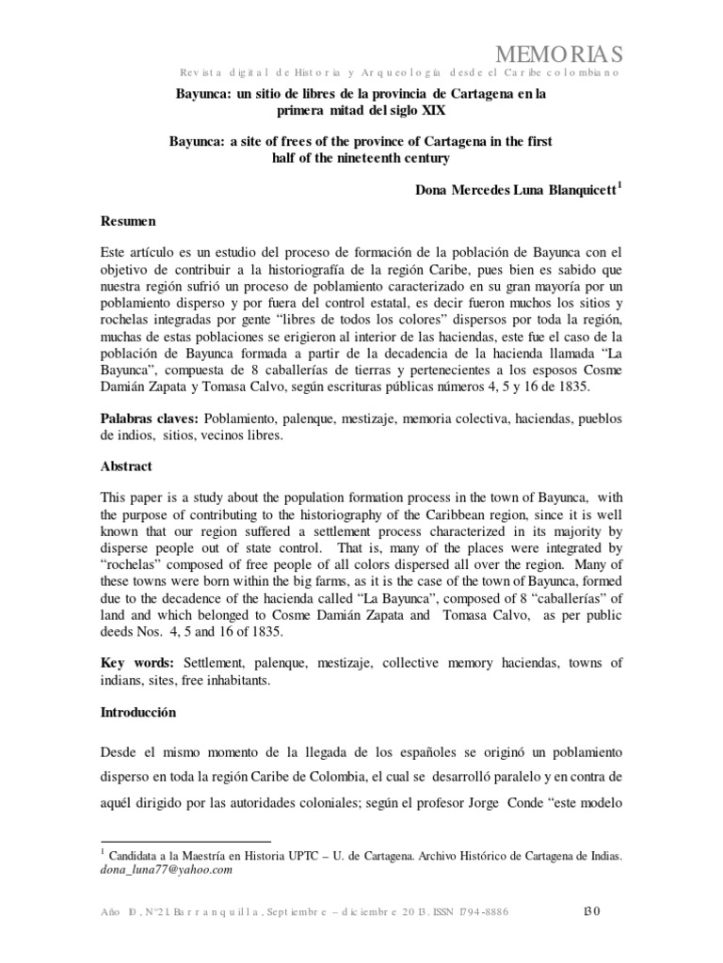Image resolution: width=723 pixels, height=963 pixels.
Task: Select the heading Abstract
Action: [126, 466]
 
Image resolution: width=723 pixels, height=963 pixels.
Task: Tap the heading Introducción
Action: [138, 713]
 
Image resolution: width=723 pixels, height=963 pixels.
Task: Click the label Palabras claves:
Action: [144, 417]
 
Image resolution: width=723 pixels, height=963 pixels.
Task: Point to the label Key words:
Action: [138, 663]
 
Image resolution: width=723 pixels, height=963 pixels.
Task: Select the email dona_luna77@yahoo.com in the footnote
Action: [165, 870]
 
